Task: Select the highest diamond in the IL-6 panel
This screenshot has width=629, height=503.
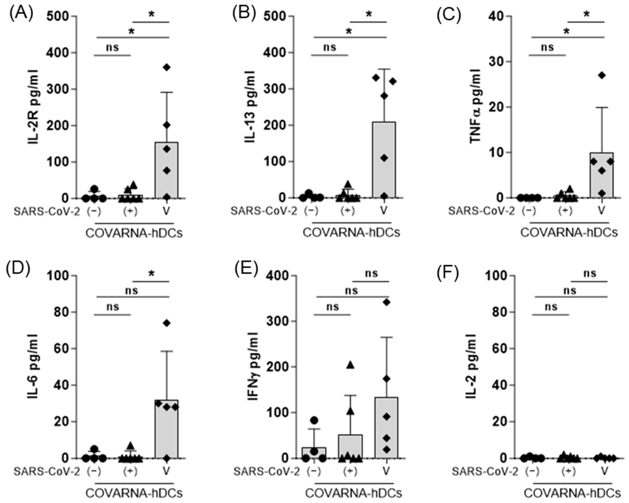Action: (x=167, y=323)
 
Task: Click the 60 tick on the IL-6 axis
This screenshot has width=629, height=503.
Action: (x=64, y=348)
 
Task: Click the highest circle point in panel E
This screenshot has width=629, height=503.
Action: (x=314, y=420)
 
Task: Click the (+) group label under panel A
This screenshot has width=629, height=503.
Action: (x=130, y=211)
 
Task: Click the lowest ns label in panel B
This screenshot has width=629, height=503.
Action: (x=330, y=47)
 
